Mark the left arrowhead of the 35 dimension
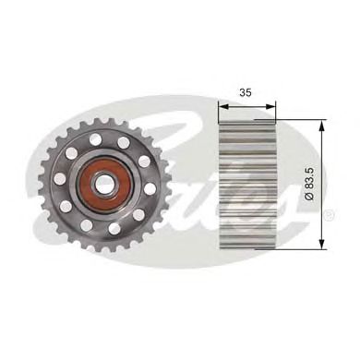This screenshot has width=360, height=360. (221, 106)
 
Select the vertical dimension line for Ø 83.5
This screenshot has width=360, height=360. (319, 166)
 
